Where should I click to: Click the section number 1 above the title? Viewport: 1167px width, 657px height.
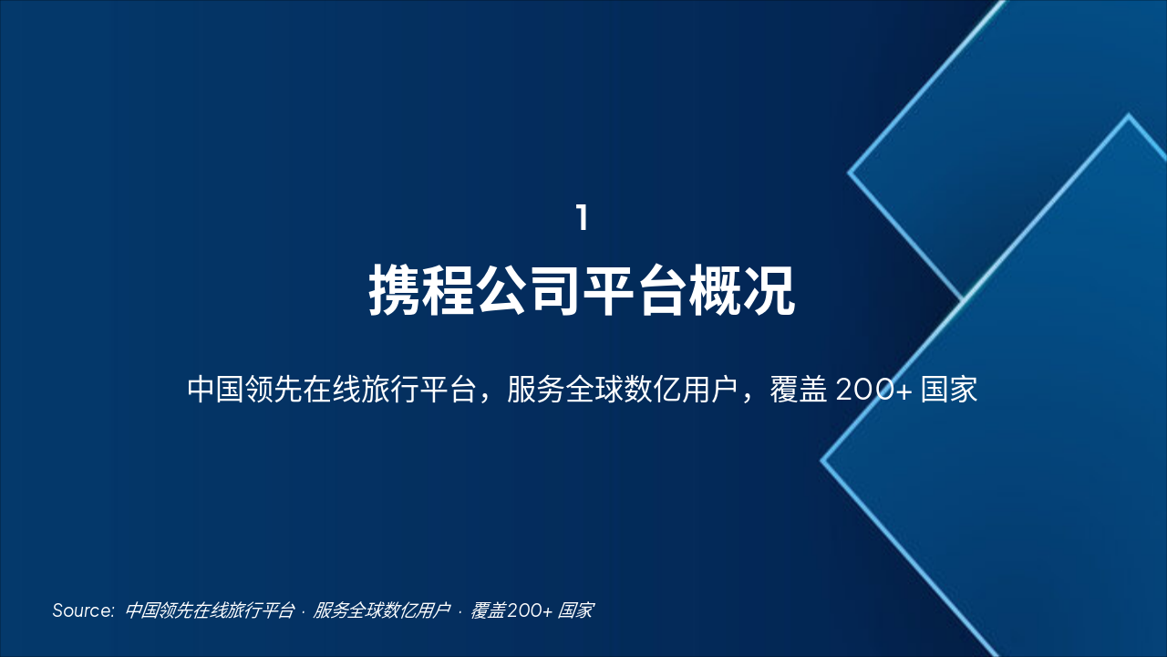coord(582,219)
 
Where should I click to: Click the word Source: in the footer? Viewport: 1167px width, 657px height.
coord(83,610)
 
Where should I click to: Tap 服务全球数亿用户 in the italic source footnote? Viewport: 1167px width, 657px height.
coord(382,610)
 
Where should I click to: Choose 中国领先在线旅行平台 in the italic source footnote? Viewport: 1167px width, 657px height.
coord(210,610)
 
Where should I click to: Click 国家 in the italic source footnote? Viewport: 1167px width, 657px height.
coord(576,610)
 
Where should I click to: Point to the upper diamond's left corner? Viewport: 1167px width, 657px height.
coord(850,172)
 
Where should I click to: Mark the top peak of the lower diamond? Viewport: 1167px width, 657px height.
coord(1129,116)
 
